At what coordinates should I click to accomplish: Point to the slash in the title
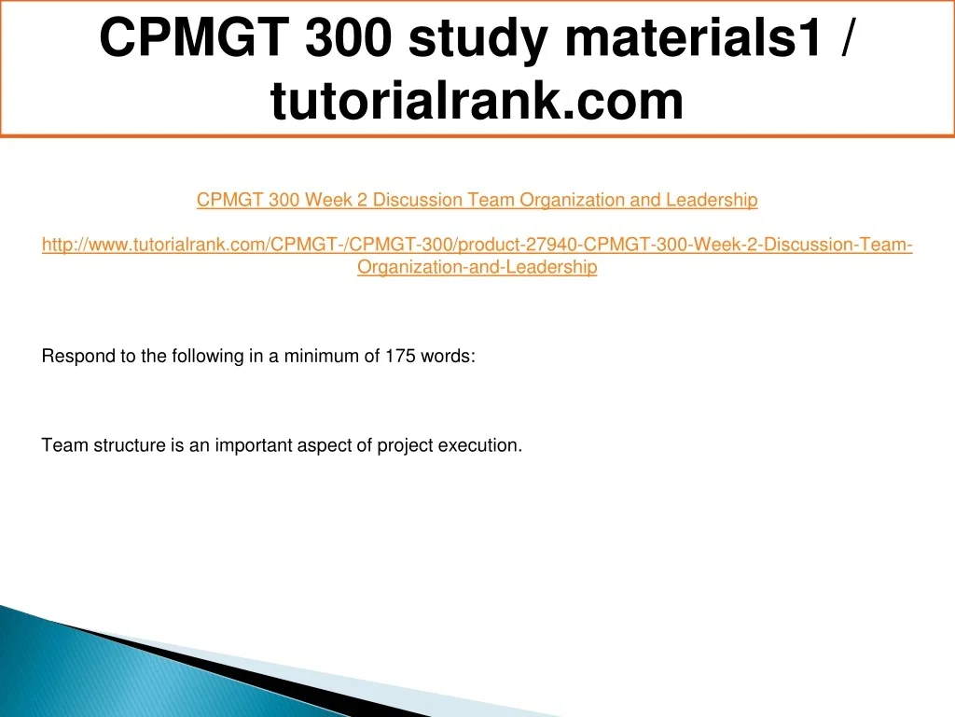[x=846, y=36]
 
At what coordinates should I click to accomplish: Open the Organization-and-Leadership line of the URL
[x=477, y=267]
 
